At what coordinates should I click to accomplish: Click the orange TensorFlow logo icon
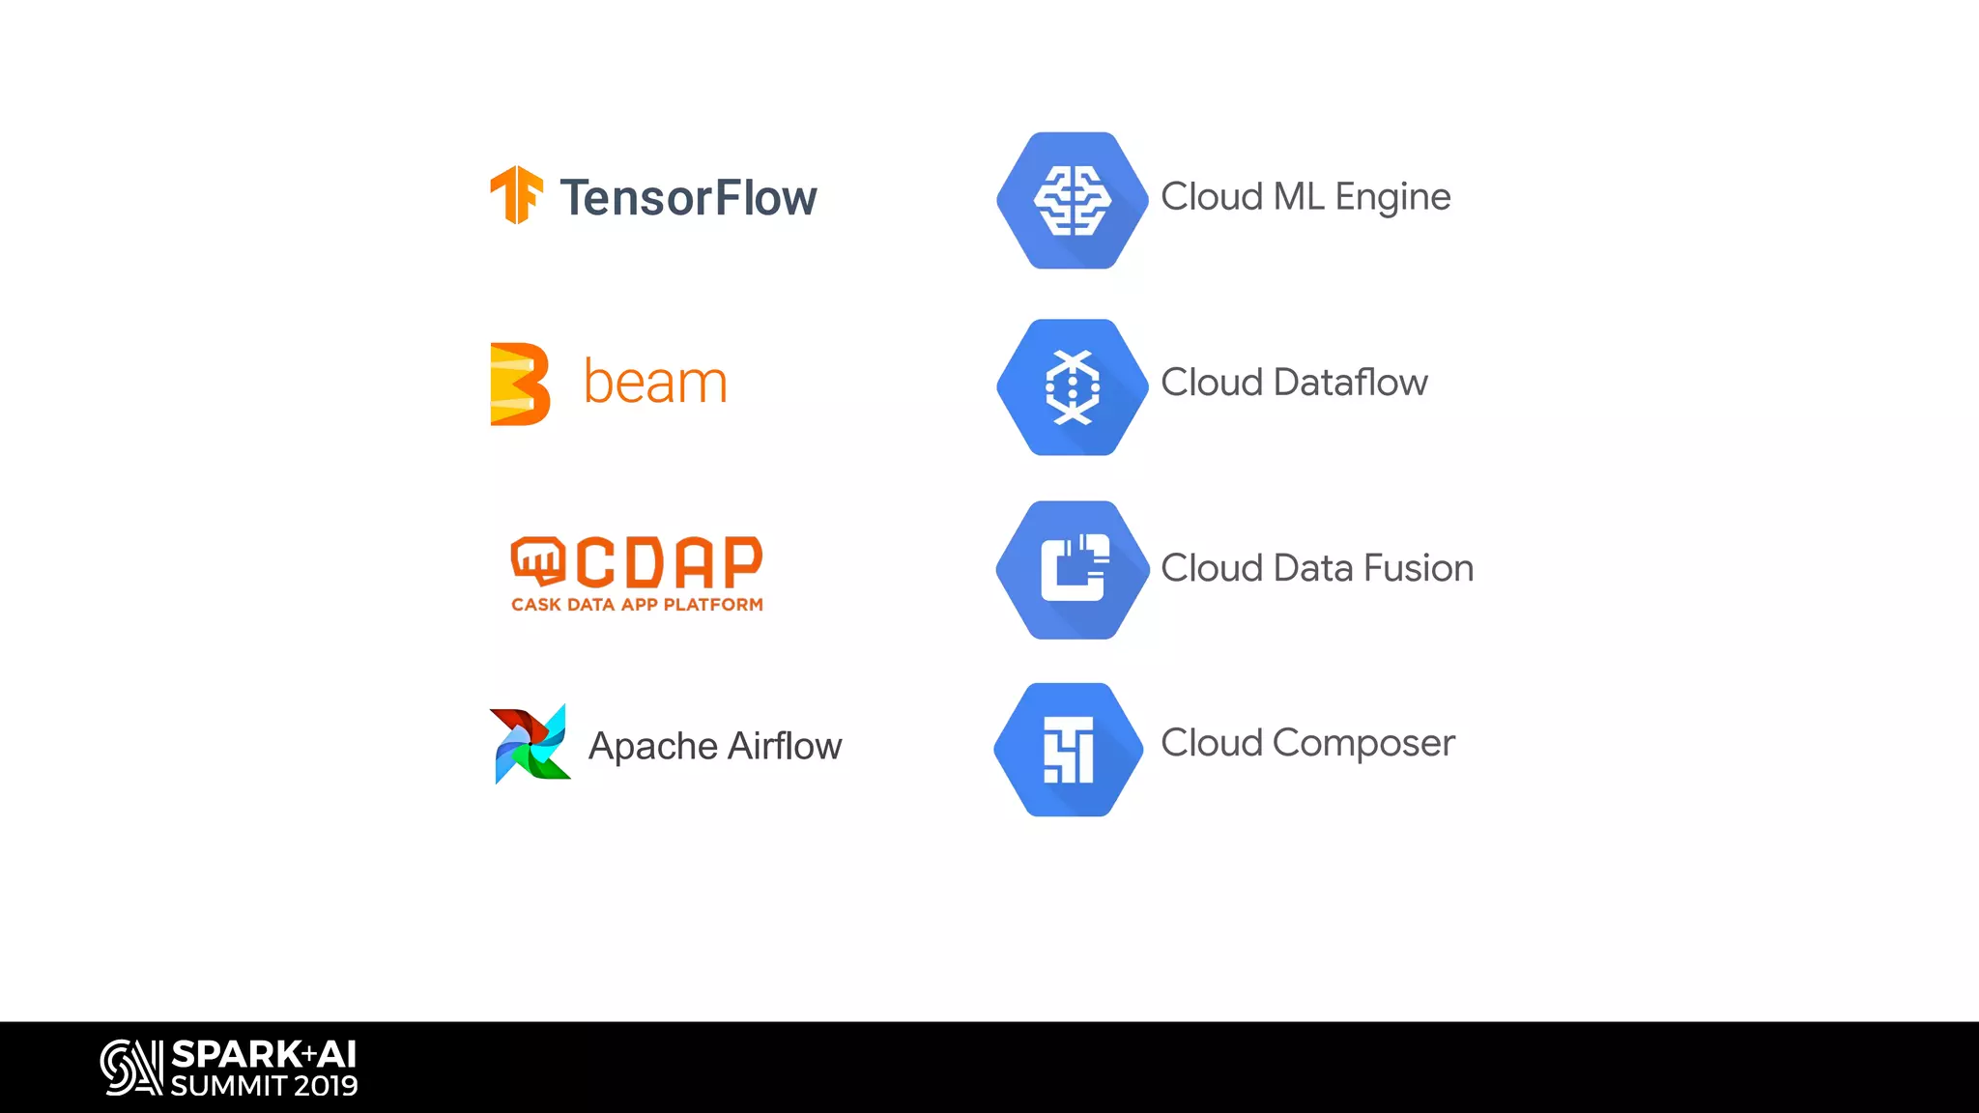pos(516,195)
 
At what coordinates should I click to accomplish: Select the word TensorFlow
pos(688,198)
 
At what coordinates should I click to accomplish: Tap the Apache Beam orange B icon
pos(520,384)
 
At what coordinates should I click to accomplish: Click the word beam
pos(655,383)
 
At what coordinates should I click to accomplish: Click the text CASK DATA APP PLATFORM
pos(637,605)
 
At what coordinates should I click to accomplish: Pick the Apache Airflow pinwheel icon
pos(530,744)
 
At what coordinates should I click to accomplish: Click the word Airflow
pos(785,746)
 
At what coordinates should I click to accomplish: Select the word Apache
pos(653,747)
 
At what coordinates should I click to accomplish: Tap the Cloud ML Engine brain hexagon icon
pos(1072,200)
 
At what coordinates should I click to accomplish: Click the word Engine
pos(1392,197)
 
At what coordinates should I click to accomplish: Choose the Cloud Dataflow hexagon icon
pos(1072,386)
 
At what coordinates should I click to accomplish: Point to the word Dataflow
pos(1350,383)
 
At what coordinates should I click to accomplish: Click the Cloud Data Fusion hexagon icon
pos(1072,569)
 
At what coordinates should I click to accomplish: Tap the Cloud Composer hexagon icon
pos(1069,750)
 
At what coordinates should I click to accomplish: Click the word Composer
pos(1362,743)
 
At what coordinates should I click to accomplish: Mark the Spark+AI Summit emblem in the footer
pos(131,1068)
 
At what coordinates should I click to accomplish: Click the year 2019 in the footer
pos(326,1086)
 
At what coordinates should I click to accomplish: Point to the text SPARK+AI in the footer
pos(264,1054)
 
